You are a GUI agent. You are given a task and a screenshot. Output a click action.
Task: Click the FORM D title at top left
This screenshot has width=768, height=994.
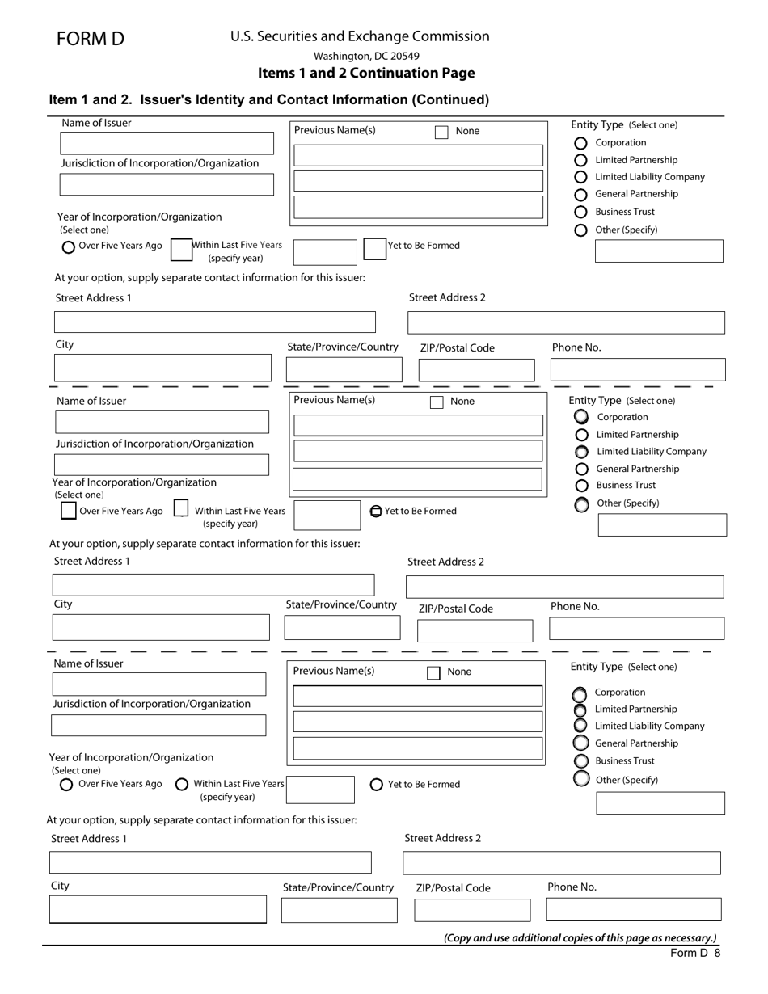point(91,39)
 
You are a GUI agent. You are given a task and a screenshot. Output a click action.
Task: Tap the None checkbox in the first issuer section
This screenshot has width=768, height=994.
point(441,132)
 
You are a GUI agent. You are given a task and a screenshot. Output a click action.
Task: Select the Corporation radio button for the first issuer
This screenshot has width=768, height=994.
point(580,143)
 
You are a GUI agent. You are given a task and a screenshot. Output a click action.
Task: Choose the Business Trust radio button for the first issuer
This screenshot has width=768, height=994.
point(580,212)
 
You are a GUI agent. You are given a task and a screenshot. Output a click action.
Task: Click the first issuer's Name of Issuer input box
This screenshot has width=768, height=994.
point(167,144)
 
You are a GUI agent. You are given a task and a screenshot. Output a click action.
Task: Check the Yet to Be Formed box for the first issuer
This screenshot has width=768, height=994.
point(374,248)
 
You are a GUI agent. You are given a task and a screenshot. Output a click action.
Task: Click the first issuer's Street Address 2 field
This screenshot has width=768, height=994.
point(566,322)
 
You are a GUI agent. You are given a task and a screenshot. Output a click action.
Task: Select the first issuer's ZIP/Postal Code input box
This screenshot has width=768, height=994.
point(476,370)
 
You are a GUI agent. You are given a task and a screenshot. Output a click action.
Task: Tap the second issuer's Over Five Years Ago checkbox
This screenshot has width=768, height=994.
point(69,511)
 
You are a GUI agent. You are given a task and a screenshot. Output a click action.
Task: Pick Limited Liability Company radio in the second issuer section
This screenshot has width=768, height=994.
point(581,452)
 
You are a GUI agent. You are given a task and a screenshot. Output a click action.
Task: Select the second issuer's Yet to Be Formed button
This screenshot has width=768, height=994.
point(376,511)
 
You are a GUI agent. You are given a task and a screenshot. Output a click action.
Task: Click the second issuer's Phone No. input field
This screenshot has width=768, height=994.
point(636,629)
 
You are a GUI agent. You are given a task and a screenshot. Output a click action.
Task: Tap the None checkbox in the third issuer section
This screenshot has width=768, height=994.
point(433,672)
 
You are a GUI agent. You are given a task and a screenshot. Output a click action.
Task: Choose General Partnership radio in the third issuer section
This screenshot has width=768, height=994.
point(580,743)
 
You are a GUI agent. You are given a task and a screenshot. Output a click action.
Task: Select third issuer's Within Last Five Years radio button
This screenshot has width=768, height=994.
point(182,784)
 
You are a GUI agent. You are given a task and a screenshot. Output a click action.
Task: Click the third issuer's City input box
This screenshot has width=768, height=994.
point(158,909)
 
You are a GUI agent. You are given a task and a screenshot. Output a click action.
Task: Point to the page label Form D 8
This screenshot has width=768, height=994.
point(694,953)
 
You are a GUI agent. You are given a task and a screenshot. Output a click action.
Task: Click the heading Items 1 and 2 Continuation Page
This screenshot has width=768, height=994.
point(366,73)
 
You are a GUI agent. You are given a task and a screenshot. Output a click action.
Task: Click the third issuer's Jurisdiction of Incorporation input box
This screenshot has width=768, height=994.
point(158,725)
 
